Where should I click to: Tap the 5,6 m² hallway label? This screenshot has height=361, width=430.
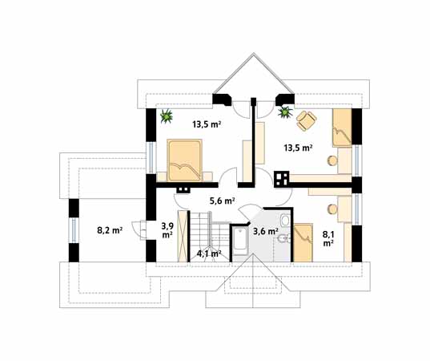(x=222, y=201)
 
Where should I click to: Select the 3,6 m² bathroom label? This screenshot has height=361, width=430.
(x=265, y=232)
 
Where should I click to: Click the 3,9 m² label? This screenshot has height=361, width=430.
(x=167, y=231)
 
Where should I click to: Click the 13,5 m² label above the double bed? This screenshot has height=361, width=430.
(x=207, y=124)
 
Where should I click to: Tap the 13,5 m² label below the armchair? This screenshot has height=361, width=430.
(x=299, y=148)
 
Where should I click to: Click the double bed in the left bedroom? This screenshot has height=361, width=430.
(x=187, y=159)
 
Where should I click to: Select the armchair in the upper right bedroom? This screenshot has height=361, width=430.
(x=305, y=120)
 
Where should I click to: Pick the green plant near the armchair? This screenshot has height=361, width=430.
(x=283, y=113)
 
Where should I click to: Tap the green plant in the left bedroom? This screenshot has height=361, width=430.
(x=167, y=117)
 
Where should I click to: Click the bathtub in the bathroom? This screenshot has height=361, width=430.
(x=239, y=241)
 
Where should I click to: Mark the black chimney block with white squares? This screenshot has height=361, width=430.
(x=281, y=177)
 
